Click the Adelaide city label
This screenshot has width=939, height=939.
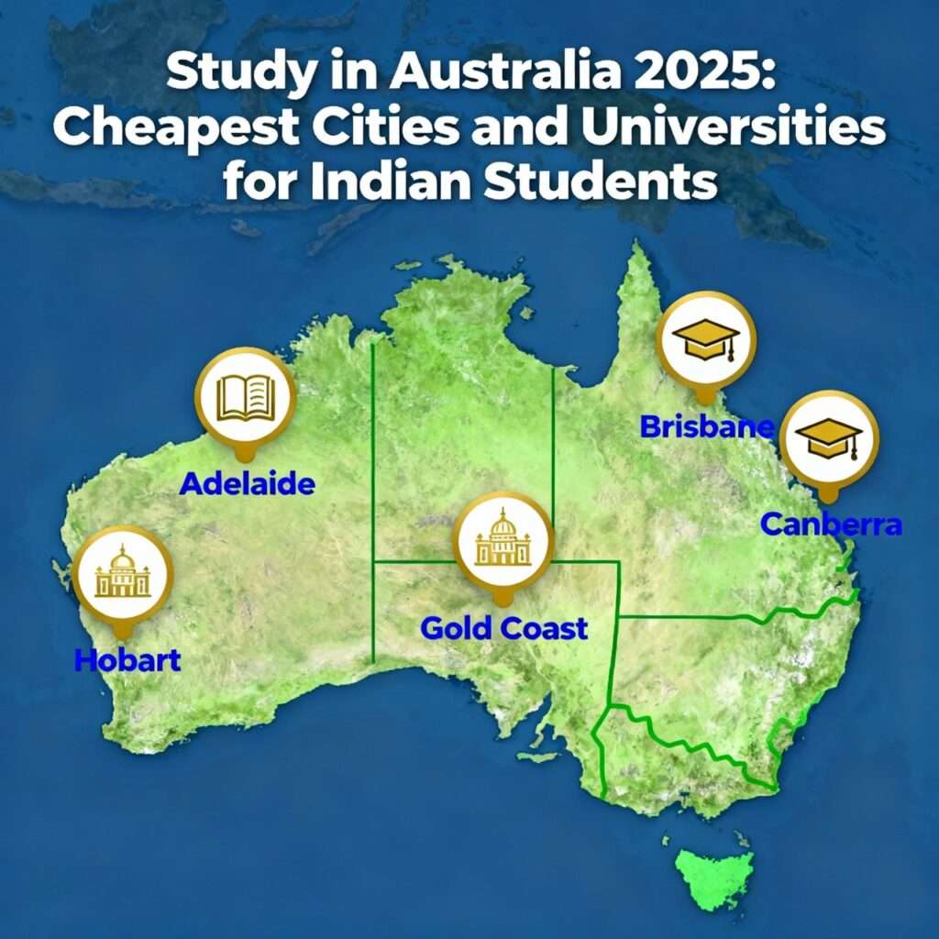click(x=247, y=483)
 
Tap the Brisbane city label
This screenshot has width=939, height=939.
click(x=706, y=426)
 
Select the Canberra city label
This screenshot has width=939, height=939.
click(x=832, y=525)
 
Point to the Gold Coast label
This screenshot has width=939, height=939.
click(x=503, y=629)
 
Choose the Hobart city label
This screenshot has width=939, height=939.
click(x=127, y=659)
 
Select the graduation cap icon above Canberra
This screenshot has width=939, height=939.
click(x=828, y=438)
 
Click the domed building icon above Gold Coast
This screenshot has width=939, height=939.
click(x=503, y=540)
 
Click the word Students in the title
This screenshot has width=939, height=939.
click(x=607, y=182)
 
